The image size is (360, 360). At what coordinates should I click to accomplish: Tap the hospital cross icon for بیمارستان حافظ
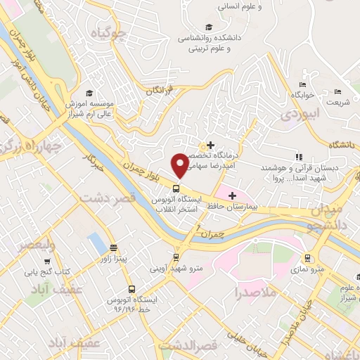(233, 195)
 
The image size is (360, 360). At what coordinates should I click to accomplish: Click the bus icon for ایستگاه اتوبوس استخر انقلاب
(176, 188)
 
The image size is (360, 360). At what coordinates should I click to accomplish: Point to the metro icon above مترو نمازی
(308, 257)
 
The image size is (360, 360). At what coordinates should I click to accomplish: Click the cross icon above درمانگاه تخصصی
(210, 146)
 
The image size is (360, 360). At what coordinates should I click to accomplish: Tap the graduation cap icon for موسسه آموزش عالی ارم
(89, 94)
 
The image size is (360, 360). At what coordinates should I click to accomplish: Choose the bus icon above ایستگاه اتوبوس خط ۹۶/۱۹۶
(131, 289)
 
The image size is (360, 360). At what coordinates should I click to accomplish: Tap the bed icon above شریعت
(338, 91)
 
